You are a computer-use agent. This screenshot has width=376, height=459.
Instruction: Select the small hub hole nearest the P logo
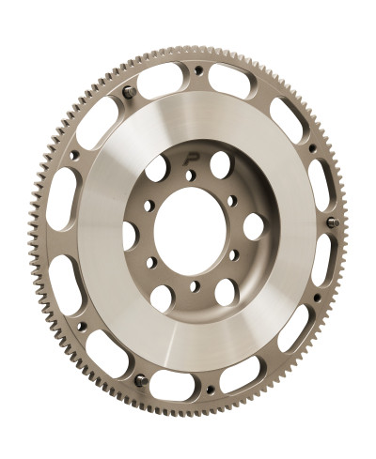coord(189,175)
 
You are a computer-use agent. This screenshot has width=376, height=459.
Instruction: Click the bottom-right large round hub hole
coord(226,290)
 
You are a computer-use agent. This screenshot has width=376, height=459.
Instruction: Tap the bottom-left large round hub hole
coord(161,298)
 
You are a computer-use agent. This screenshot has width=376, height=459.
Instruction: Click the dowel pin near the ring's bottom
coord(140,380)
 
